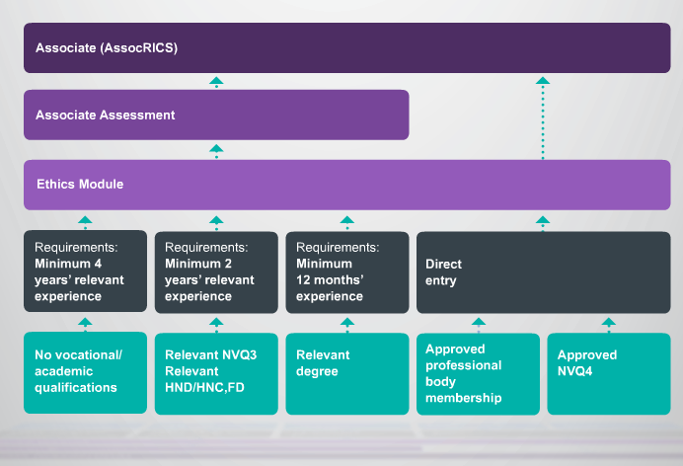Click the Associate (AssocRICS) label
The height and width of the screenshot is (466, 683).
[x=107, y=48]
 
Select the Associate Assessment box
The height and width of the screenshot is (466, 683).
[x=216, y=115]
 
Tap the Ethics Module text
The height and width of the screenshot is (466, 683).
[x=80, y=184]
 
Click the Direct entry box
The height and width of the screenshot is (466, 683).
[x=543, y=272]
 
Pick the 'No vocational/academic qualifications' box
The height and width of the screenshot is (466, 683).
[x=85, y=373]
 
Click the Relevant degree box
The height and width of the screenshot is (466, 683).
[x=347, y=373]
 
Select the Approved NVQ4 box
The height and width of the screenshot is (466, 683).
[x=609, y=373]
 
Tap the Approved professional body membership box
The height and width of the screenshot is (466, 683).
[x=478, y=373]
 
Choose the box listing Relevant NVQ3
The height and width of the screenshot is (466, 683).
[x=216, y=373]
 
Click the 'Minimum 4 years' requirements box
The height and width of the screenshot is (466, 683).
[x=85, y=271]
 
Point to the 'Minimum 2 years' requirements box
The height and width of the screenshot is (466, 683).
[x=216, y=272]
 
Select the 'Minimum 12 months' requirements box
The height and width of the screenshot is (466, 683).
[x=347, y=272]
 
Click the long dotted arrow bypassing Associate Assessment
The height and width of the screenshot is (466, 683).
[x=543, y=118]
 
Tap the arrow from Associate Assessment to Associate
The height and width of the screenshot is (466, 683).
[x=216, y=82]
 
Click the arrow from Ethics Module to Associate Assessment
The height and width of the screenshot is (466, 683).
[x=216, y=151]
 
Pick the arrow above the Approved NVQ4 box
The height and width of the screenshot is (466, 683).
[x=609, y=325]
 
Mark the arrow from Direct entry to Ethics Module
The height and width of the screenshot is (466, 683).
[x=543, y=223]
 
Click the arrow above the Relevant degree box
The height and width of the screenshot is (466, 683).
[x=347, y=325]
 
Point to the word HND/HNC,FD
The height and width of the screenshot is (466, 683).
[x=204, y=388]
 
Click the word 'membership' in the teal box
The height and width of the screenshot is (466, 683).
[x=464, y=398]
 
